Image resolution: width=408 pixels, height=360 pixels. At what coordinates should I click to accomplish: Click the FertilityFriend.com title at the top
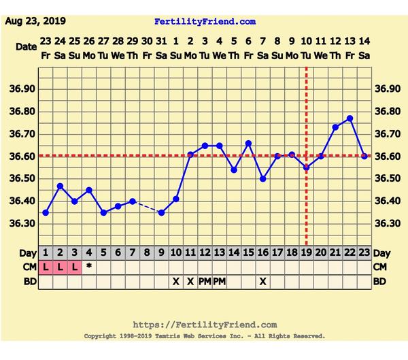205,22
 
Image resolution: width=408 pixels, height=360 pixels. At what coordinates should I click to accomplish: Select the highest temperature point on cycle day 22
350,118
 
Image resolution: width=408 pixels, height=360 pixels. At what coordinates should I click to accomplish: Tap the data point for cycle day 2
60,186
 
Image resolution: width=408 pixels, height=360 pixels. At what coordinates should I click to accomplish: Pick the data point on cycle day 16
262,179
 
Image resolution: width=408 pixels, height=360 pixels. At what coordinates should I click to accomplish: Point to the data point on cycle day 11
190,154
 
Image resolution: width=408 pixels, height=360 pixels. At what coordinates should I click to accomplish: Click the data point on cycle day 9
161,212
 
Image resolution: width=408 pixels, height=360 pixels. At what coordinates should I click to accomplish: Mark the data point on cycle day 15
248,144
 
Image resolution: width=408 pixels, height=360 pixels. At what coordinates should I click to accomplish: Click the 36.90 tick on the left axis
24,89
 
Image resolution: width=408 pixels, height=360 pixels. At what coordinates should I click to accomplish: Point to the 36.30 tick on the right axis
387,223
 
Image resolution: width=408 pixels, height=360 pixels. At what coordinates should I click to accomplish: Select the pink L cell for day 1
46,267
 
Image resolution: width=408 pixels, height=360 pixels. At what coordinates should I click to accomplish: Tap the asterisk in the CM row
88,267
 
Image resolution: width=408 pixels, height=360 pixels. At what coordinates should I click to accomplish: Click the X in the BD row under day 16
262,281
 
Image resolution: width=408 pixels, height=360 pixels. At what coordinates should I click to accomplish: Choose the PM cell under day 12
205,281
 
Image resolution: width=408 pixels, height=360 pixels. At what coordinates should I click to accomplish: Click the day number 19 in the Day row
306,253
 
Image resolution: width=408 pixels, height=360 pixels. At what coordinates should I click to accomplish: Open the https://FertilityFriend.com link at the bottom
204,325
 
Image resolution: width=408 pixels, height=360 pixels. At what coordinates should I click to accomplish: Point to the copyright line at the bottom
204,336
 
